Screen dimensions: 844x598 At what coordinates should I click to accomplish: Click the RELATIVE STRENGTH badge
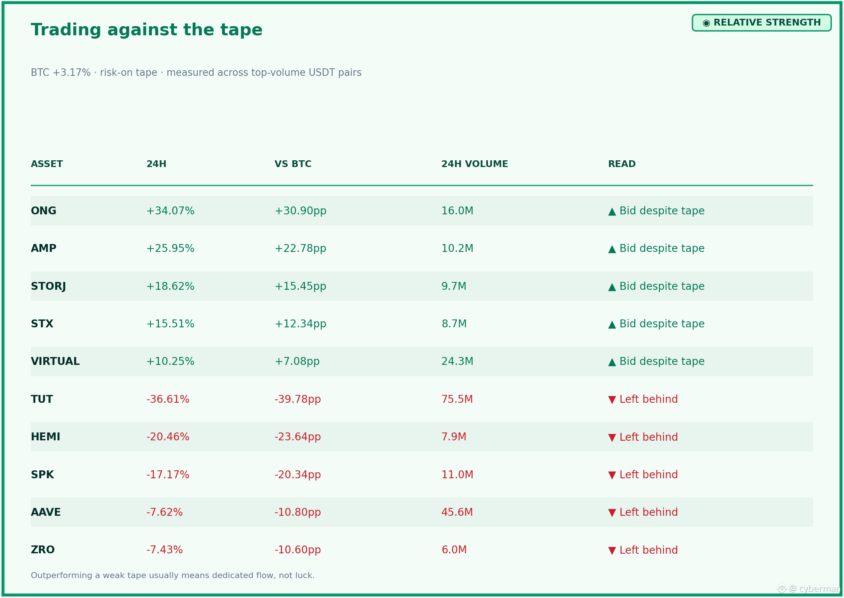761,23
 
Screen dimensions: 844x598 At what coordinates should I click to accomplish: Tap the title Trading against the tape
146,30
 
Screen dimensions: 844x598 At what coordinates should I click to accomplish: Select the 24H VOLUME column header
474,164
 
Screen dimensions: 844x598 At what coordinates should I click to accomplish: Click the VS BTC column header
293,164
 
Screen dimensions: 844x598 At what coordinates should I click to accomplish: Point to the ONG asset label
44,211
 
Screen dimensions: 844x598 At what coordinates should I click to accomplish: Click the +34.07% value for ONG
170,211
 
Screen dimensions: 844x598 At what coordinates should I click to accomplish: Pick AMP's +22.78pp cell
300,249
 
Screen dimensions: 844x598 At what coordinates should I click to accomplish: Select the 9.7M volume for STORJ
454,286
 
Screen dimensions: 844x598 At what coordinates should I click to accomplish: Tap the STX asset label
42,324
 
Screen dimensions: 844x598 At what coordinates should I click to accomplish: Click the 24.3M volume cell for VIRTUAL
457,362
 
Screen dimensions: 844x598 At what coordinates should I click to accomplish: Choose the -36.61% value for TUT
168,399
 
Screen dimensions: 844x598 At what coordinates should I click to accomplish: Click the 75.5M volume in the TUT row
457,399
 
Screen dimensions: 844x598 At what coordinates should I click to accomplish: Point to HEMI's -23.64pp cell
298,437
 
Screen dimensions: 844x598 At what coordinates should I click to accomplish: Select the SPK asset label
42,475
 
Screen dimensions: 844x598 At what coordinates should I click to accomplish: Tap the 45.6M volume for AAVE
457,512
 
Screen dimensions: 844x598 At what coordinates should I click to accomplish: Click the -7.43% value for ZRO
165,550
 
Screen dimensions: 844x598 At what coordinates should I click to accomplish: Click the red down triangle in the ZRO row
612,551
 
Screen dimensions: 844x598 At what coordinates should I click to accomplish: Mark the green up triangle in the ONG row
612,212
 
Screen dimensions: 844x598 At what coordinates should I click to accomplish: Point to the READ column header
622,164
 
